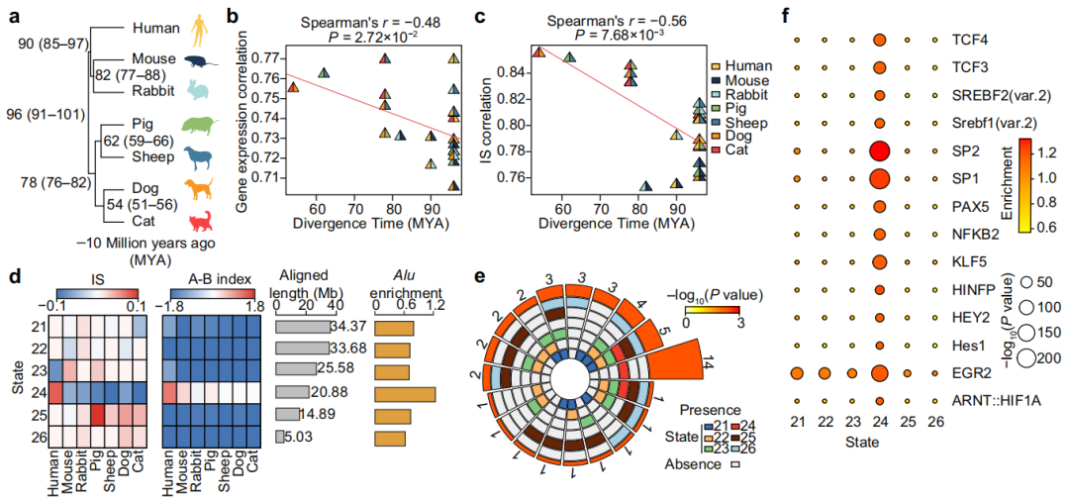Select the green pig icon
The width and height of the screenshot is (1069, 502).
click(x=201, y=127)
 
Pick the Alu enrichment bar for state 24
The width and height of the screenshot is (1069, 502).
click(x=406, y=392)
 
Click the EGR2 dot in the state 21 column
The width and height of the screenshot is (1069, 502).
click(x=798, y=372)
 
